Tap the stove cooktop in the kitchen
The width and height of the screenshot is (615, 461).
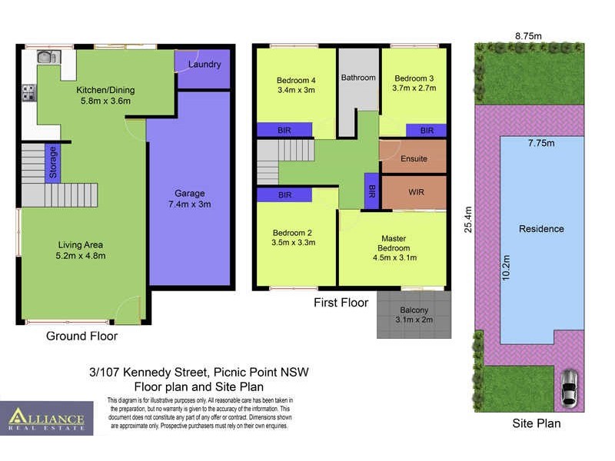(29, 93)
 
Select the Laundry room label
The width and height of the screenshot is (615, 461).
(204, 65)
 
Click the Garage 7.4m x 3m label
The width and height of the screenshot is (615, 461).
(189, 199)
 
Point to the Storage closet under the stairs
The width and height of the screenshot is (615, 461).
(53, 162)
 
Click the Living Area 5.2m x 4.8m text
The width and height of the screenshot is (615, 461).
(81, 250)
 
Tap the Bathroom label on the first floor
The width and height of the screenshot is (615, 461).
(358, 78)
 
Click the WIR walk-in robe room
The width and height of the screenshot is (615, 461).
(415, 192)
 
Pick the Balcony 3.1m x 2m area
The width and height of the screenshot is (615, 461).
(414, 313)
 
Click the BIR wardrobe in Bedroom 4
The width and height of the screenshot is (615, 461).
(284, 131)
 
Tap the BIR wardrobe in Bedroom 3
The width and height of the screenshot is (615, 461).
(426, 131)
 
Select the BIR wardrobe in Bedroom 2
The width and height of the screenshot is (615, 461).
(284, 195)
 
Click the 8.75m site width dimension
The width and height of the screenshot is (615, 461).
(528, 35)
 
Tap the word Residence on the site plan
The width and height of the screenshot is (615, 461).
(541, 229)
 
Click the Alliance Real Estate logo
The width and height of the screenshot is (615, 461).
(47, 419)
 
